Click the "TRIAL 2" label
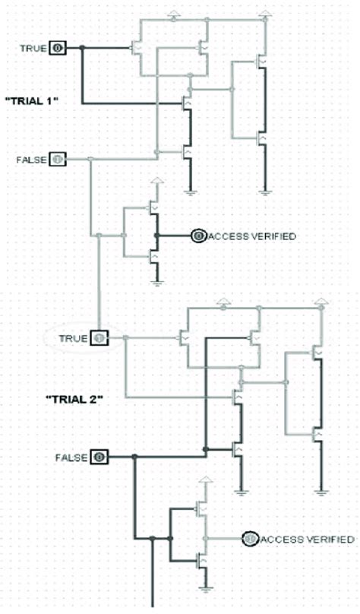coord(74,398)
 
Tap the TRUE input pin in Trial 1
coord(58,49)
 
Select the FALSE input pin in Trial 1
coord(58,160)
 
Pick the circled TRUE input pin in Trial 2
coord(100,337)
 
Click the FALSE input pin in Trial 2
coord(100,457)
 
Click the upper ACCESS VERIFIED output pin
coord(198,236)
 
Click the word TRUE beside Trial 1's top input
coord(33,49)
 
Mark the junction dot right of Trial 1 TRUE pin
coord(82,49)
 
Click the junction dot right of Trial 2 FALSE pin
coord(134,457)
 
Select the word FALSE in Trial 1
coord(30,160)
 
